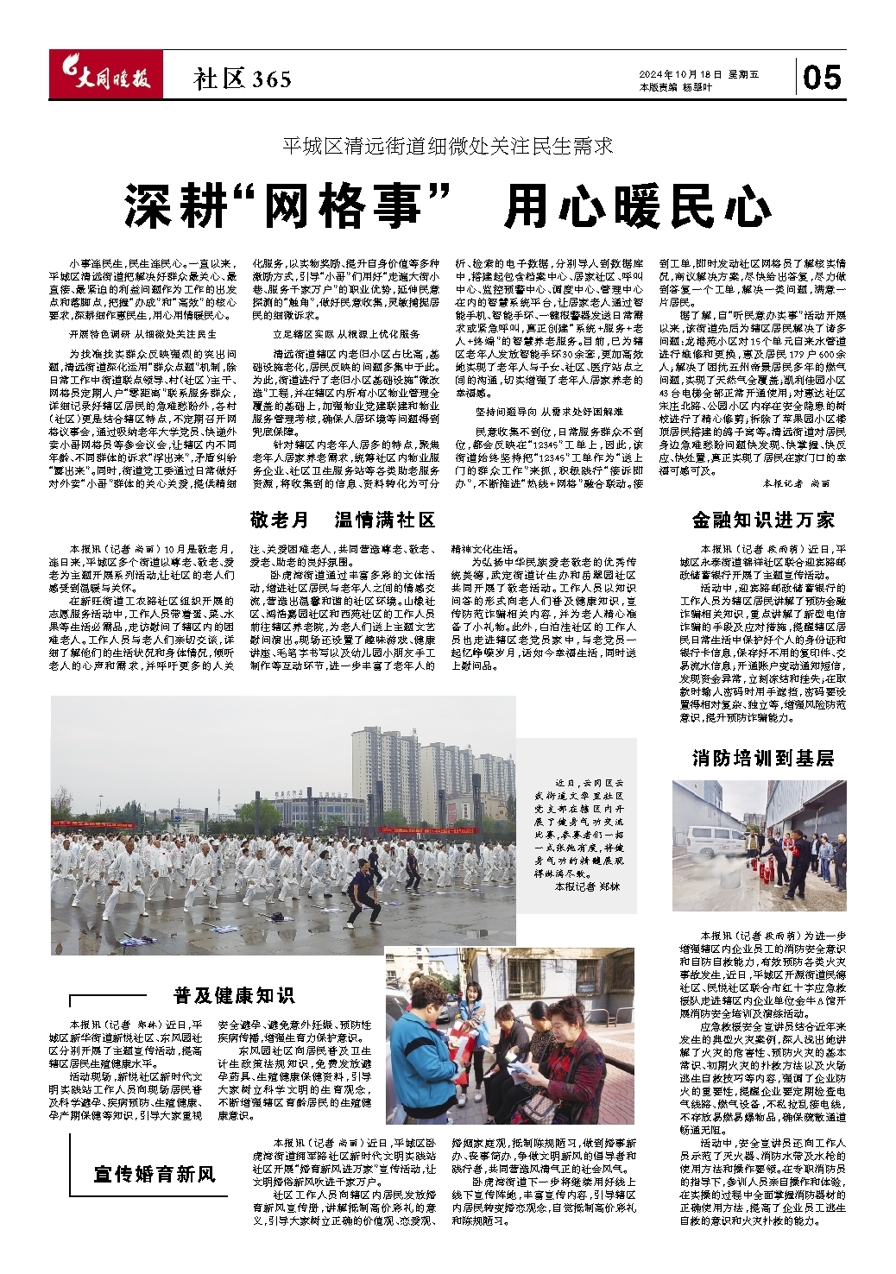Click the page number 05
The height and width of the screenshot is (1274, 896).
[821, 79]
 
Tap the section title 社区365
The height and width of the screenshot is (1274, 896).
[243, 80]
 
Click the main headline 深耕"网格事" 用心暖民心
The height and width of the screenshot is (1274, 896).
[447, 205]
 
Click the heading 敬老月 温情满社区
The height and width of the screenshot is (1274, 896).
[343, 520]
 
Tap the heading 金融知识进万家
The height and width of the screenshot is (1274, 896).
[763, 520]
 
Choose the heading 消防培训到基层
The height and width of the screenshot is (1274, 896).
[763, 758]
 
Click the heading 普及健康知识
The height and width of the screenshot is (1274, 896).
[233, 995]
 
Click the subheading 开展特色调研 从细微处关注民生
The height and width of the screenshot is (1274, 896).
[142, 333]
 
